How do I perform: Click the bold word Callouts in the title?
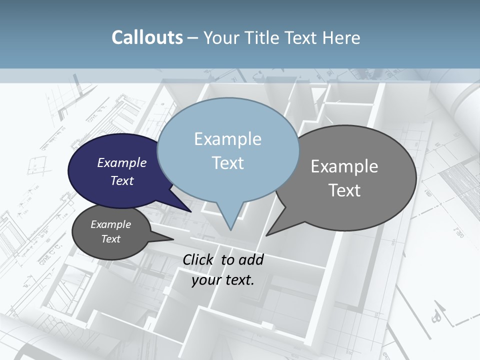point(147,38)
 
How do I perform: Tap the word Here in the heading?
point(341,38)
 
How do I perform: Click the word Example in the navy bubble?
point(121,163)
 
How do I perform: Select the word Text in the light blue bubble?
point(228,163)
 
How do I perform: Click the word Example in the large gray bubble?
point(344,166)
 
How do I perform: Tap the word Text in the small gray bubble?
point(111,239)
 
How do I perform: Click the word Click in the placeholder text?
point(198,260)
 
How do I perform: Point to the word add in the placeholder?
point(250,260)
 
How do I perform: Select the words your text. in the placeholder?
point(223,280)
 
